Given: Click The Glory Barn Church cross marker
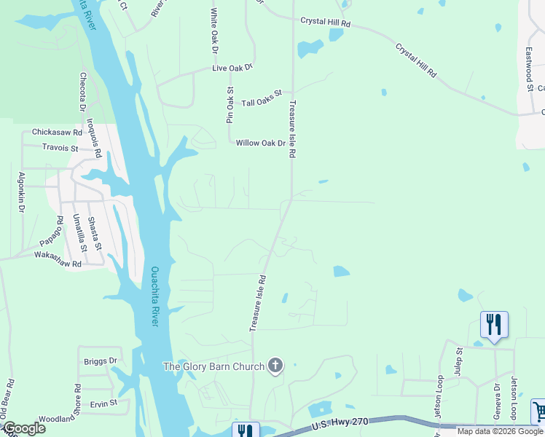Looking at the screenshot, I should point(275,366).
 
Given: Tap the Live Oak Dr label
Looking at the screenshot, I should point(232,68).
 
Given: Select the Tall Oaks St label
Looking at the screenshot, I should point(262,98).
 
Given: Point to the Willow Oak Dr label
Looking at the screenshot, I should point(260,143).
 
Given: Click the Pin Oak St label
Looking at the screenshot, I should point(230,105).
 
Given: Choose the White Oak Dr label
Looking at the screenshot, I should point(214,31).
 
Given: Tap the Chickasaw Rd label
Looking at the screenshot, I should point(57,133).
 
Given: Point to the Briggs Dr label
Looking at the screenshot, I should point(101,361).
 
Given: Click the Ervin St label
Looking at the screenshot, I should point(104,403).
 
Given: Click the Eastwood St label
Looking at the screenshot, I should point(529,70).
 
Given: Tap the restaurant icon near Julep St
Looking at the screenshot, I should point(494,323).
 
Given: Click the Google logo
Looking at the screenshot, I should point(23,428).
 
